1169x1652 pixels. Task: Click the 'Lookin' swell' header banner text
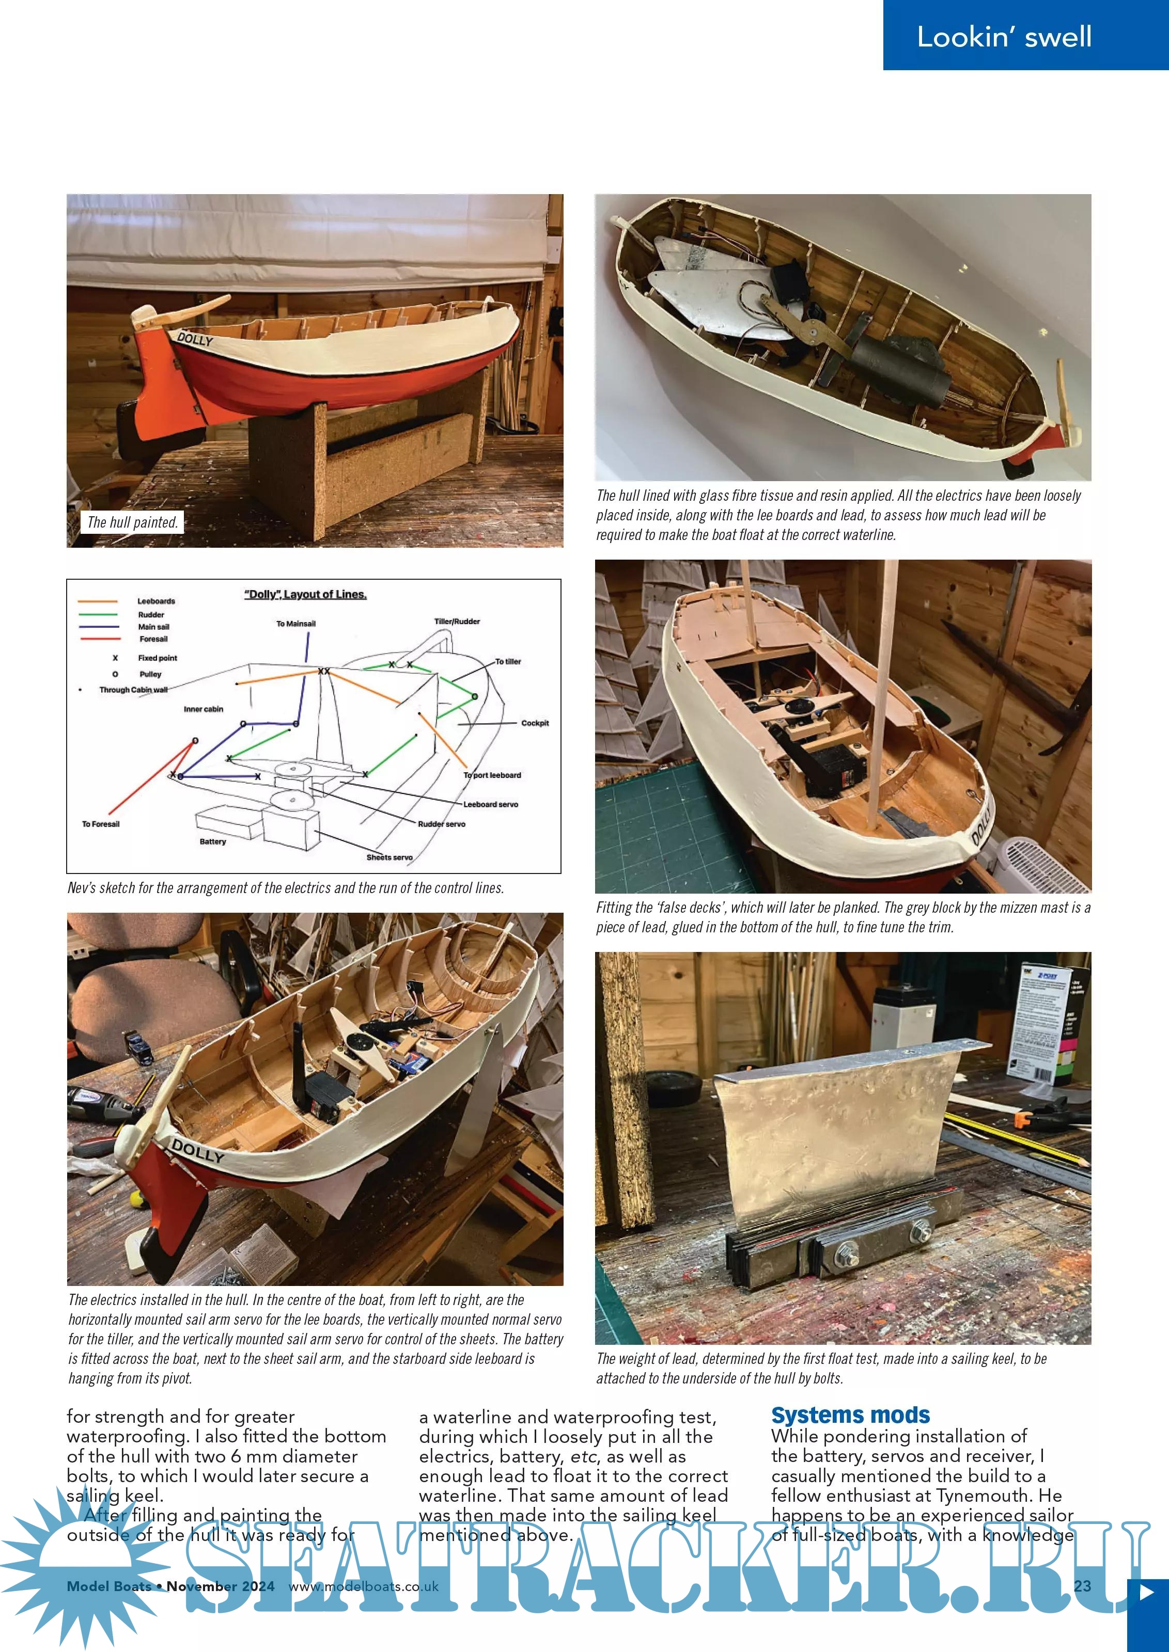pos(1004,37)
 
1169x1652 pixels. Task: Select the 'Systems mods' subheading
pos(850,1415)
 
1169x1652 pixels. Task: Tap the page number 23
pos(1082,1586)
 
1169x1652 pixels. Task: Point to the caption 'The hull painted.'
pos(132,522)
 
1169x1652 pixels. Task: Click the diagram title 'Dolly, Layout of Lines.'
pos(305,594)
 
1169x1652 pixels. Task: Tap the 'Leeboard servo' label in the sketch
pos(490,804)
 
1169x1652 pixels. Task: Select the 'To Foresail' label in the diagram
pos(101,824)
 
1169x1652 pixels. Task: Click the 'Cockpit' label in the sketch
pos(534,723)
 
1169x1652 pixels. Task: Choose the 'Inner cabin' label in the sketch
pos(203,709)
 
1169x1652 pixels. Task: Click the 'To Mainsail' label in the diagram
pos(296,624)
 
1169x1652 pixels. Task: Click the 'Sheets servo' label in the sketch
pos(389,857)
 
